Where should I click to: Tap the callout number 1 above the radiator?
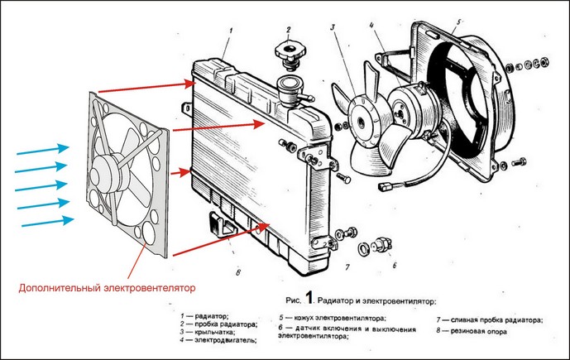coord(230,31)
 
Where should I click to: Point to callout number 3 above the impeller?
coord(331,28)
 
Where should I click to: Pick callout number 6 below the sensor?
coord(394,266)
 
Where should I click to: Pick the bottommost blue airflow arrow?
coord(45,221)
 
